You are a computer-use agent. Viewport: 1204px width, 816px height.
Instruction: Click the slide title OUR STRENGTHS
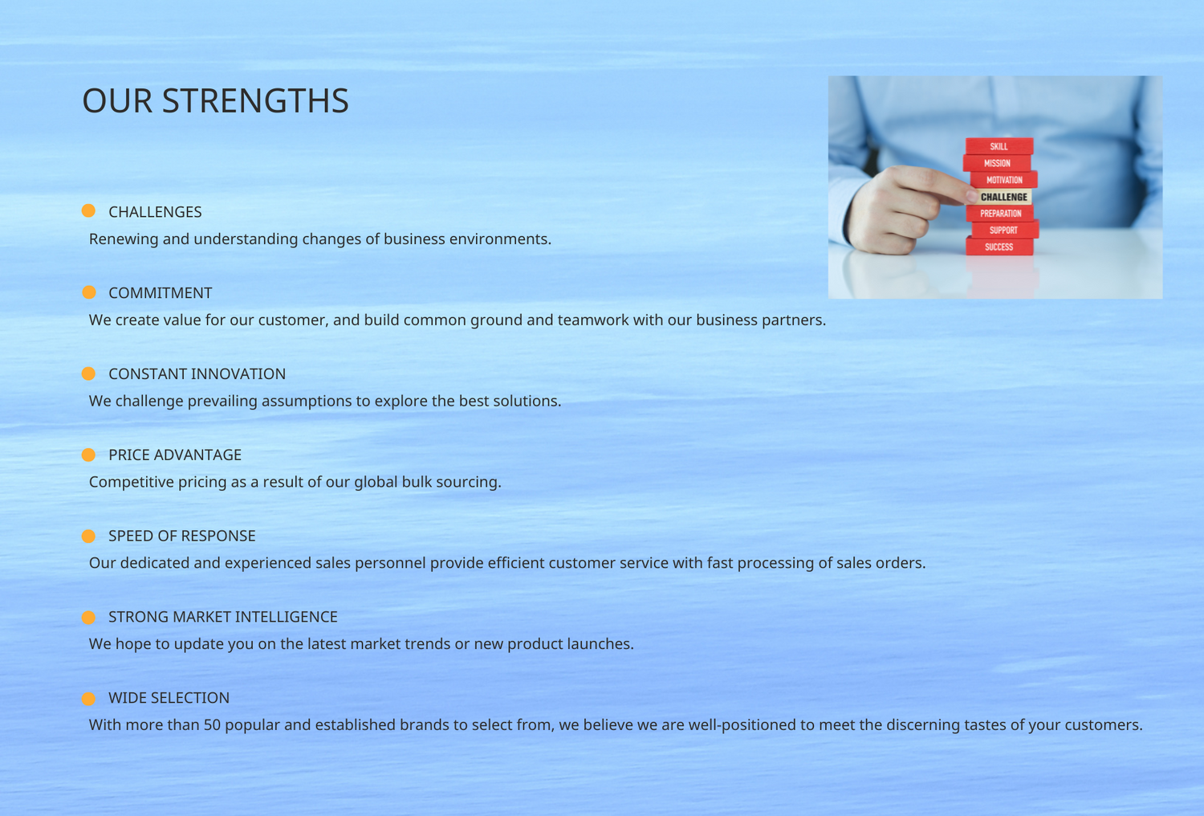point(216,100)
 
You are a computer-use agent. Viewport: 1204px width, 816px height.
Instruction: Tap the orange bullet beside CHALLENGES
point(88,211)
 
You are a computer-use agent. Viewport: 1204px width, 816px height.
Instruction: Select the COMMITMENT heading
point(161,292)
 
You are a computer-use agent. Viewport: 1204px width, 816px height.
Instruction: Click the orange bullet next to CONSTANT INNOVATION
point(88,373)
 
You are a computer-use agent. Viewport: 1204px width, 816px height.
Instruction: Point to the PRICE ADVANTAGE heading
point(175,455)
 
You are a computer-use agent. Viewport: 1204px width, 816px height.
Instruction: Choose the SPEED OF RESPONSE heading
point(181,536)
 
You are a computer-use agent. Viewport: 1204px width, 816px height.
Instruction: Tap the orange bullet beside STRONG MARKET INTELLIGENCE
point(88,618)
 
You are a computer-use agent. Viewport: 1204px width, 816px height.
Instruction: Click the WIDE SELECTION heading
point(169,698)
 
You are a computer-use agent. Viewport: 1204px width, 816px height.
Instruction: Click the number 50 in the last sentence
point(213,725)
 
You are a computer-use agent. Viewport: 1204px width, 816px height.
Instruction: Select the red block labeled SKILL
point(999,146)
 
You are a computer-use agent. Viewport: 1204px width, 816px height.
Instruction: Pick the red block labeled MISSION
point(997,163)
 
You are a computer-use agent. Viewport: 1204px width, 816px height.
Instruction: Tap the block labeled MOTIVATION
point(1004,180)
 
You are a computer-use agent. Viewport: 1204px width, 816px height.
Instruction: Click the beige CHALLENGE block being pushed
point(1003,197)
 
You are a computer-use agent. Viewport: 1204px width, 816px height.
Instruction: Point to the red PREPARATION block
point(1000,214)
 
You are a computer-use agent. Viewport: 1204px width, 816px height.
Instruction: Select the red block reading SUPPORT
point(1005,231)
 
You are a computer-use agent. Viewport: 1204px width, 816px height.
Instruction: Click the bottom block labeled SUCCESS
point(999,247)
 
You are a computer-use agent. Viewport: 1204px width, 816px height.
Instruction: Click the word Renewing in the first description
point(124,239)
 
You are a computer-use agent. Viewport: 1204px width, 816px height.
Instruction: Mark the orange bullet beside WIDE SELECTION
point(88,699)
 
